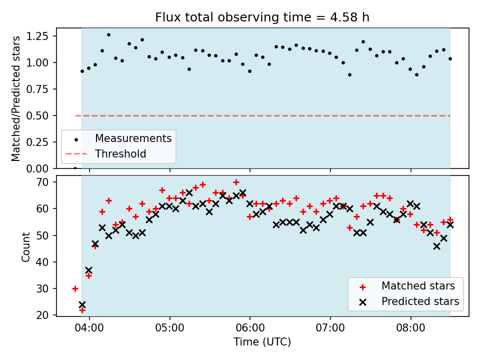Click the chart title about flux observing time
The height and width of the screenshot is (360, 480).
pos(262,17)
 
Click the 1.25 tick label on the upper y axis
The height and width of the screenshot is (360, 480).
pos(37,36)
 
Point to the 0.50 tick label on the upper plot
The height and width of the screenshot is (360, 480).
pos(37,115)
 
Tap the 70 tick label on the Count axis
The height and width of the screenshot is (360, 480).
pos(42,182)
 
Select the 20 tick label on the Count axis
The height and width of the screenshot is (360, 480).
pos(42,315)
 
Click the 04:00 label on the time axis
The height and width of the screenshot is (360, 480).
pos(89,328)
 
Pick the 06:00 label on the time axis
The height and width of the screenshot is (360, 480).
pos(250,328)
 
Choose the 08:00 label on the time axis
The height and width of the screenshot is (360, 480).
pos(411,328)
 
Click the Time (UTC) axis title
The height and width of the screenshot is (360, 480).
pos(262,341)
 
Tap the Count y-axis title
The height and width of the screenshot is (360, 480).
pos(25,247)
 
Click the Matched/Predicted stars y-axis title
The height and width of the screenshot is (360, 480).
pos(15,98)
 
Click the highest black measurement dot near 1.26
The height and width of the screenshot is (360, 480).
pos(108,35)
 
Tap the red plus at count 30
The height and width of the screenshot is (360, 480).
pos(75,288)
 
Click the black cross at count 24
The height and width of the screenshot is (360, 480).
pos(82,304)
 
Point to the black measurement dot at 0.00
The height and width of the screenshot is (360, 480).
pos(75,168)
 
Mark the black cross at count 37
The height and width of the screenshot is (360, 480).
pos(89,270)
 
